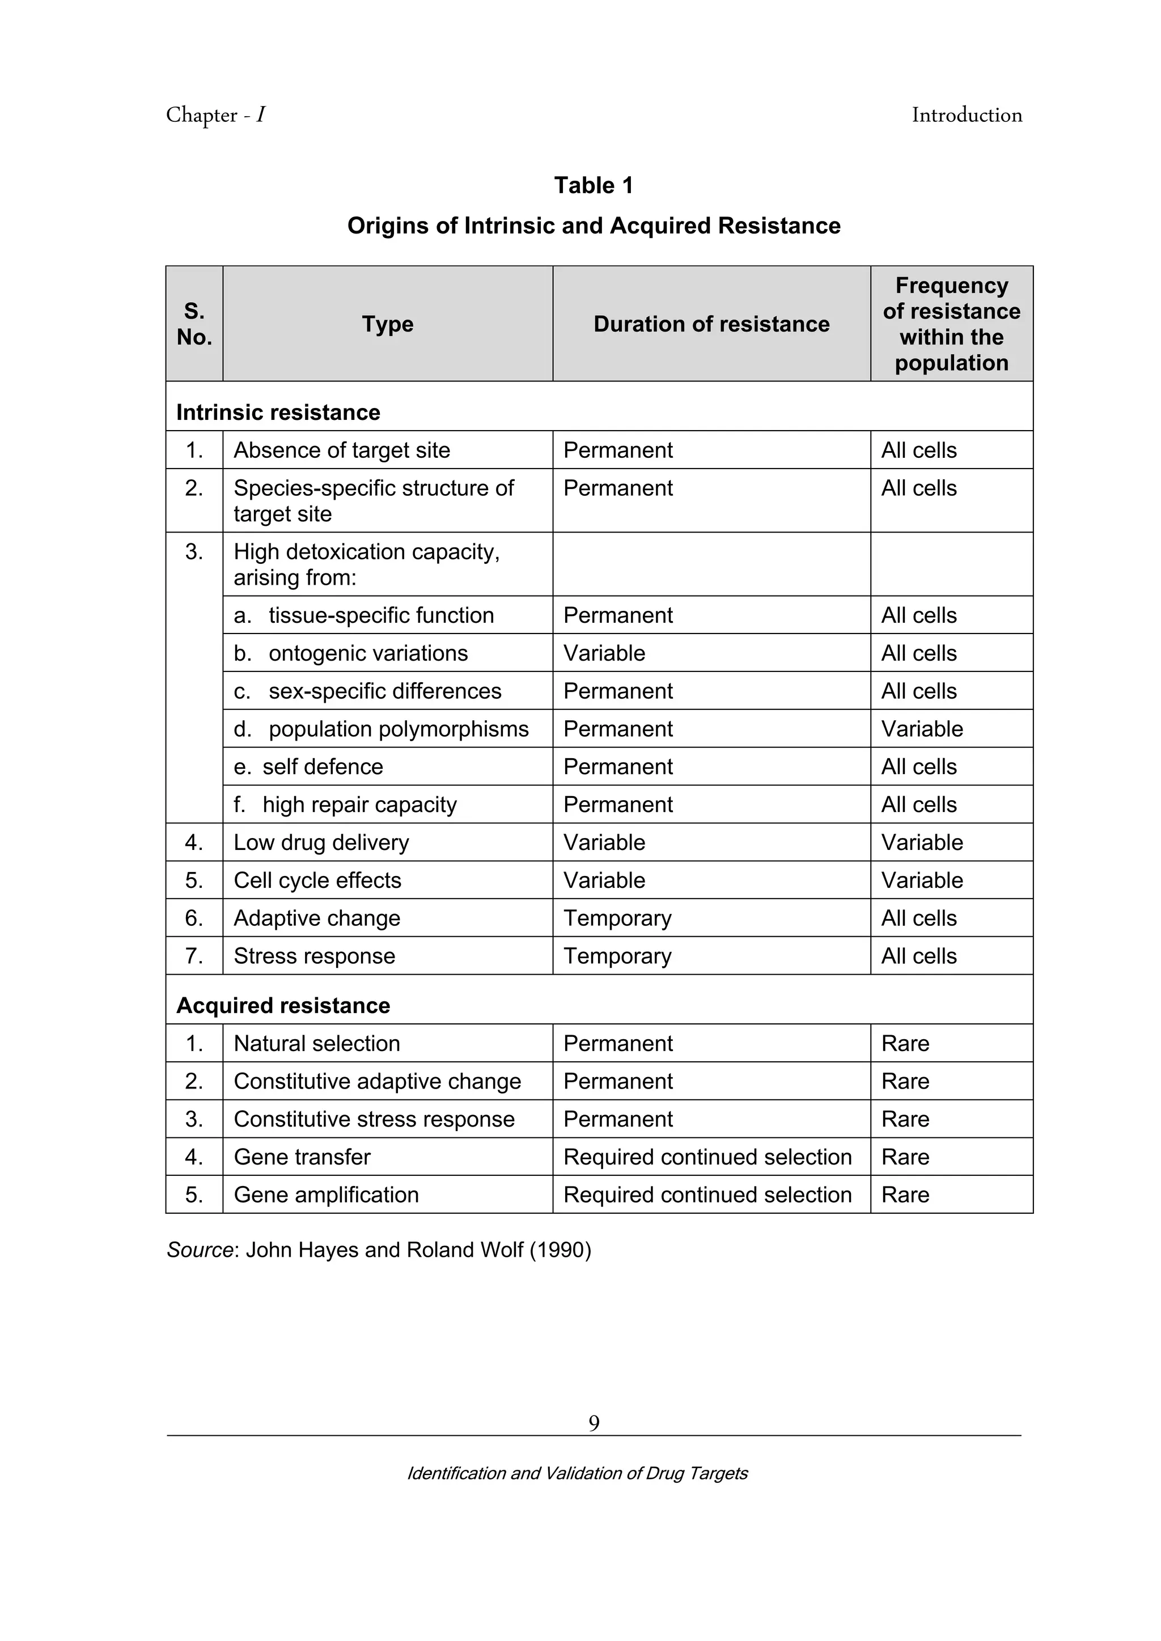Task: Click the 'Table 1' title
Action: click(594, 186)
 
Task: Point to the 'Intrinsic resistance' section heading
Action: click(278, 413)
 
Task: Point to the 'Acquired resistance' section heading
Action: click(283, 1006)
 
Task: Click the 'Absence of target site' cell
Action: click(342, 450)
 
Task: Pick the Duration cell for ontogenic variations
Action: click(604, 653)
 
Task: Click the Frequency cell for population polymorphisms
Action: click(922, 729)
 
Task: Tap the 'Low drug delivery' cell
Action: click(321, 843)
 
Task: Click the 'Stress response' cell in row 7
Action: click(314, 956)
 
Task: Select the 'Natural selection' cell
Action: click(317, 1044)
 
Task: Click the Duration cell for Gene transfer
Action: click(707, 1157)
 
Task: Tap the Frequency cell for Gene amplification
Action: click(905, 1195)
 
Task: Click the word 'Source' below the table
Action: click(200, 1250)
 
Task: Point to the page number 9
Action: click(594, 1424)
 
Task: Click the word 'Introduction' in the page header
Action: click(967, 115)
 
